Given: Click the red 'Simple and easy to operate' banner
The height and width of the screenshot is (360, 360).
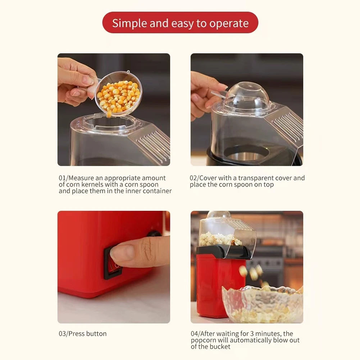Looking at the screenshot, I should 180,23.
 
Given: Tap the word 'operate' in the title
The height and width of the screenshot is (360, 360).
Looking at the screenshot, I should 229,23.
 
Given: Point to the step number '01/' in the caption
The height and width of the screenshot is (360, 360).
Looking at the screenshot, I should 63,178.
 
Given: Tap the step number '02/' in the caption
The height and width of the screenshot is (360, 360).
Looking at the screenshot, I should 195,178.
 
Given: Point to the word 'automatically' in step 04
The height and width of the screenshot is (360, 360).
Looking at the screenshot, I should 255,340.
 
